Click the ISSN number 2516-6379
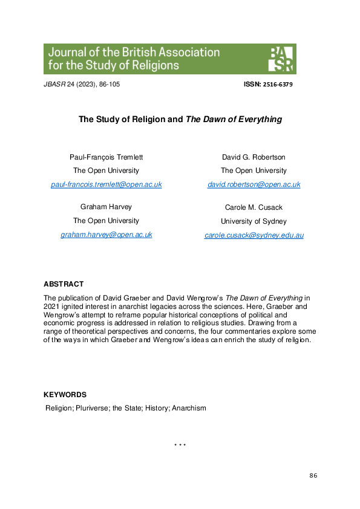[275, 85]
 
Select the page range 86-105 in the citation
[108, 84]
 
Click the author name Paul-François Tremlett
[106, 157]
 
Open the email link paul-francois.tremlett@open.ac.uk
[106, 184]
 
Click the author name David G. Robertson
[254, 157]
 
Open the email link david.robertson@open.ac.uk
[254, 184]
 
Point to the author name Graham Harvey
[106, 207]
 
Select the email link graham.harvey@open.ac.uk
[106, 235]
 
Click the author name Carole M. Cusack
[254, 207]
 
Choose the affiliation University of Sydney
[254, 221]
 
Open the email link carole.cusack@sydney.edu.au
[254, 235]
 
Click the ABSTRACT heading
[64, 284]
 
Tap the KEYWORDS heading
[65, 395]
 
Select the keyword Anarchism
[189, 408]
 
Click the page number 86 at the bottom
[313, 476]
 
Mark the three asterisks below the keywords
[180, 446]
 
